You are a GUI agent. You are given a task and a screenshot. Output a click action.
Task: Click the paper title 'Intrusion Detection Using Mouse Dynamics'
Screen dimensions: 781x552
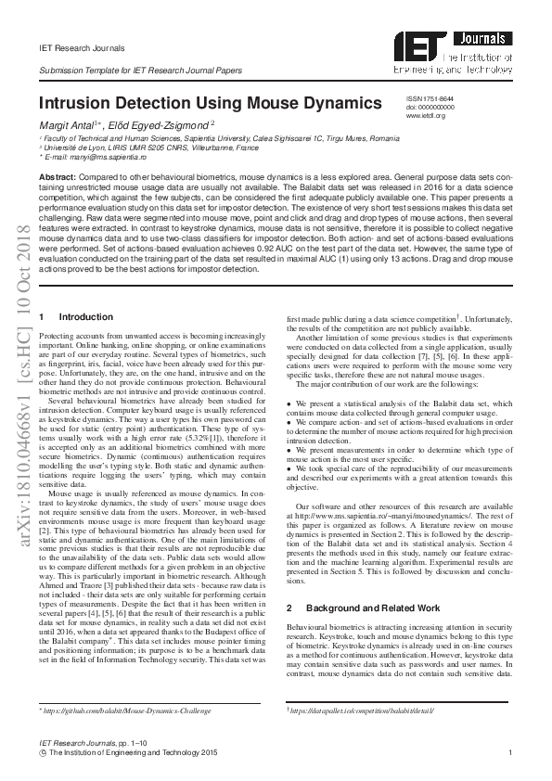tap(210, 103)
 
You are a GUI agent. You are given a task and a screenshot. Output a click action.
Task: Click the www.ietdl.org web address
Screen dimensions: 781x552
tap(426, 115)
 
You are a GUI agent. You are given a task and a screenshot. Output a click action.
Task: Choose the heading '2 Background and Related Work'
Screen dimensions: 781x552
tap(355, 608)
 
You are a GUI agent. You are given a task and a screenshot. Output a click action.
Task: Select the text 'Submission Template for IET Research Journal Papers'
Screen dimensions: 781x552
tap(140, 70)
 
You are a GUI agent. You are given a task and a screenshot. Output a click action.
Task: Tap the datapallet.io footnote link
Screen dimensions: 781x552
tap(362, 711)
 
